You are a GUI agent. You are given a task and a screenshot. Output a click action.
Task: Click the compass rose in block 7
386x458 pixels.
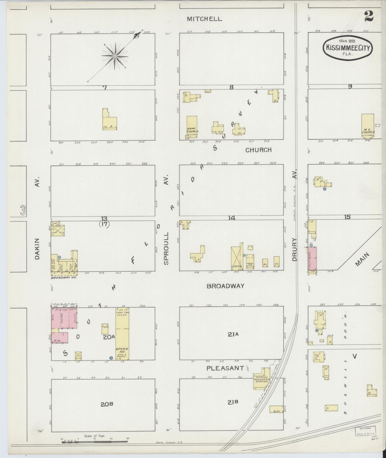[115, 56]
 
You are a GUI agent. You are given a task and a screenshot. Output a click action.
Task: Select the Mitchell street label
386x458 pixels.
[204, 19]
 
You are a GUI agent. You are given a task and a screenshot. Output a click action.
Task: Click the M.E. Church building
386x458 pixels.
[368, 126]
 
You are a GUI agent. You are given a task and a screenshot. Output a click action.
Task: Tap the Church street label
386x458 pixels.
[258, 150]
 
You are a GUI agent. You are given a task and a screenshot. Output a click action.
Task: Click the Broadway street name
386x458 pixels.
[225, 286]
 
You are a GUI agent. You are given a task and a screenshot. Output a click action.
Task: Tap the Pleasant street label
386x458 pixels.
[225, 368]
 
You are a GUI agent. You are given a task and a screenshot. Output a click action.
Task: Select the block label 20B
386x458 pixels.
[107, 404]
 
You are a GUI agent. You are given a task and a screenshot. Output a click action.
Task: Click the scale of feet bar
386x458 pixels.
[95, 442]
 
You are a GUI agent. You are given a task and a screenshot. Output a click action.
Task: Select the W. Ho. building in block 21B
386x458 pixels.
[276, 409]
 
